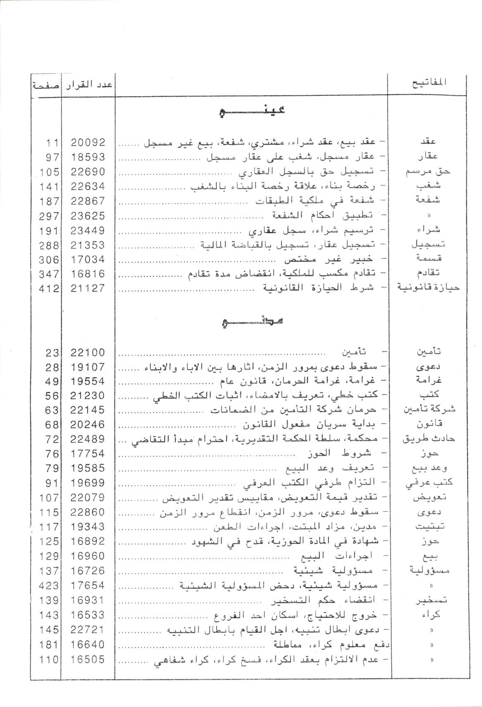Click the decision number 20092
tap(88, 142)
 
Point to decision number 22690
tap(88, 172)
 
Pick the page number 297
tap(49, 216)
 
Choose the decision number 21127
tap(88, 288)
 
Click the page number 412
tap(49, 288)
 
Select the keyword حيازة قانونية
tap(428, 287)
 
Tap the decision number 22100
tap(88, 353)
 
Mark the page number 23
tap(52, 353)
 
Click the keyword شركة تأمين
tap(429, 410)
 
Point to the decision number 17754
tap(88, 454)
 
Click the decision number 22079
tap(88, 498)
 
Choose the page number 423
tap(49, 585)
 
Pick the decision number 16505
tap(88, 660)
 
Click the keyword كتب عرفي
tap(430, 483)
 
